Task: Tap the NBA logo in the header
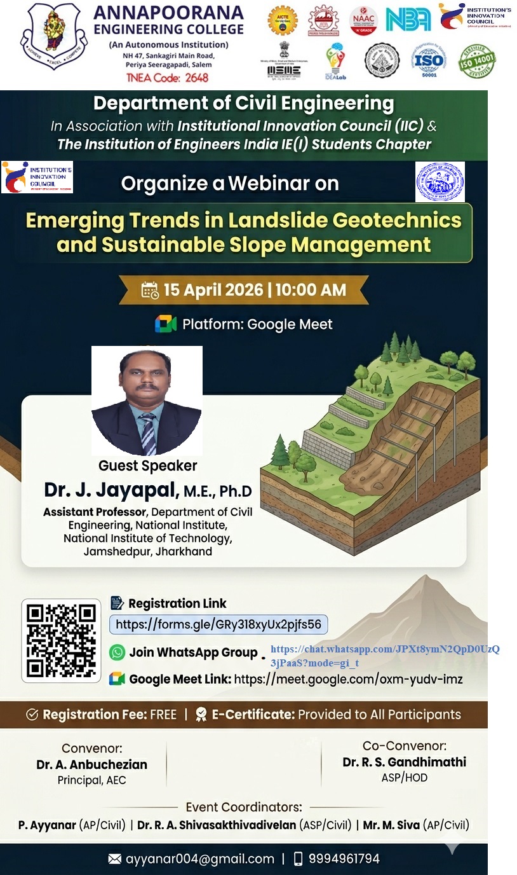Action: click(x=408, y=19)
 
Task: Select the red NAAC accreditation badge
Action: click(x=363, y=20)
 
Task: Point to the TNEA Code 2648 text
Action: click(x=168, y=78)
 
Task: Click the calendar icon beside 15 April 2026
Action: click(x=150, y=291)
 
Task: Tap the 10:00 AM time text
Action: click(x=311, y=291)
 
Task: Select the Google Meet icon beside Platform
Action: click(x=166, y=324)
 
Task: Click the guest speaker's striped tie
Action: click(x=148, y=433)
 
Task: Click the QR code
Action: click(x=62, y=640)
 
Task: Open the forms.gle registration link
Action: click(x=218, y=624)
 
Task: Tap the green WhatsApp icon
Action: click(x=117, y=652)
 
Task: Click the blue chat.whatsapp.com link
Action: click(x=384, y=656)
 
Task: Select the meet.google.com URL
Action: click(x=348, y=679)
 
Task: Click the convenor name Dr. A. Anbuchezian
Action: click(x=91, y=764)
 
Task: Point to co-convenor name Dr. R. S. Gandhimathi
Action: click(x=404, y=762)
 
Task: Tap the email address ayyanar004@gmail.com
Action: click(x=200, y=859)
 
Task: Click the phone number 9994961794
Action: click(x=344, y=859)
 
